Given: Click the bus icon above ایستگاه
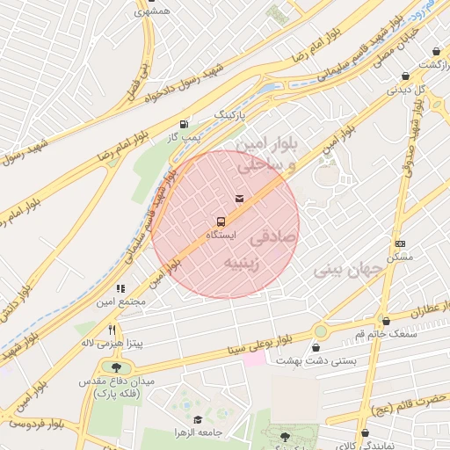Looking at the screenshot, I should coord(220,221).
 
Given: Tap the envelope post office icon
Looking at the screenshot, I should coord(239,198).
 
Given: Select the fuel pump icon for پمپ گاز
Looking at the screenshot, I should coord(183,124).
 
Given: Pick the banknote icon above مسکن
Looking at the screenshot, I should coord(401,243).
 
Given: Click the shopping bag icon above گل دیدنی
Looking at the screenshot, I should coord(404,76).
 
